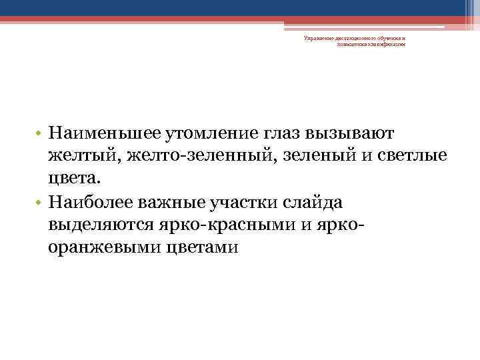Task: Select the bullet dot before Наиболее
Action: click(x=39, y=202)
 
